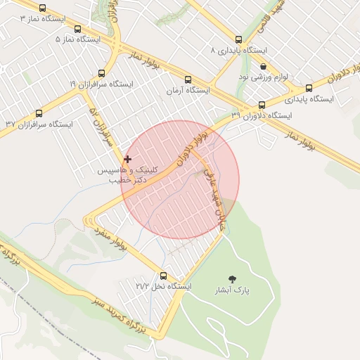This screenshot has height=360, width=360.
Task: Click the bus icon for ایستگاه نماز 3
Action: click(44, 9)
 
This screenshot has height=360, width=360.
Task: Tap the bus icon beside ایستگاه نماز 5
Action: click(77, 30)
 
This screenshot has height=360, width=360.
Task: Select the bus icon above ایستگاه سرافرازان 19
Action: click(102, 73)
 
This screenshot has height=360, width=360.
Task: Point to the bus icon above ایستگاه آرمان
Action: click(187, 80)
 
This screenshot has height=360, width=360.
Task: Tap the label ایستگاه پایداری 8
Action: click(239, 51)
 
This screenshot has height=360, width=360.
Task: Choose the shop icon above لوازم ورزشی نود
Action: click(263, 66)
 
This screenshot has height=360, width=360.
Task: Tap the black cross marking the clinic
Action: click(127, 160)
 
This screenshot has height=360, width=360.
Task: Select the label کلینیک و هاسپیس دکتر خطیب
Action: click(131, 175)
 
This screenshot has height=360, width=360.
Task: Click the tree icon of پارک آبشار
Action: click(233, 279)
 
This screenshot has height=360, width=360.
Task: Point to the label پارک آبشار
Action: click(233, 290)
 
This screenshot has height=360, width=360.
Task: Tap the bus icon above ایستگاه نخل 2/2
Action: click(164, 276)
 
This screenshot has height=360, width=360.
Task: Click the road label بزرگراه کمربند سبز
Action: click(117, 313)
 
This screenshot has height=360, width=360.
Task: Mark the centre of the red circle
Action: click(180, 180)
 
